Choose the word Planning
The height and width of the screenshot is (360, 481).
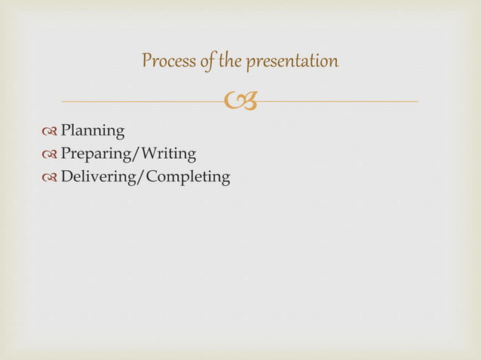click(93, 132)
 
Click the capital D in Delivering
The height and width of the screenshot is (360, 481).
click(66, 177)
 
